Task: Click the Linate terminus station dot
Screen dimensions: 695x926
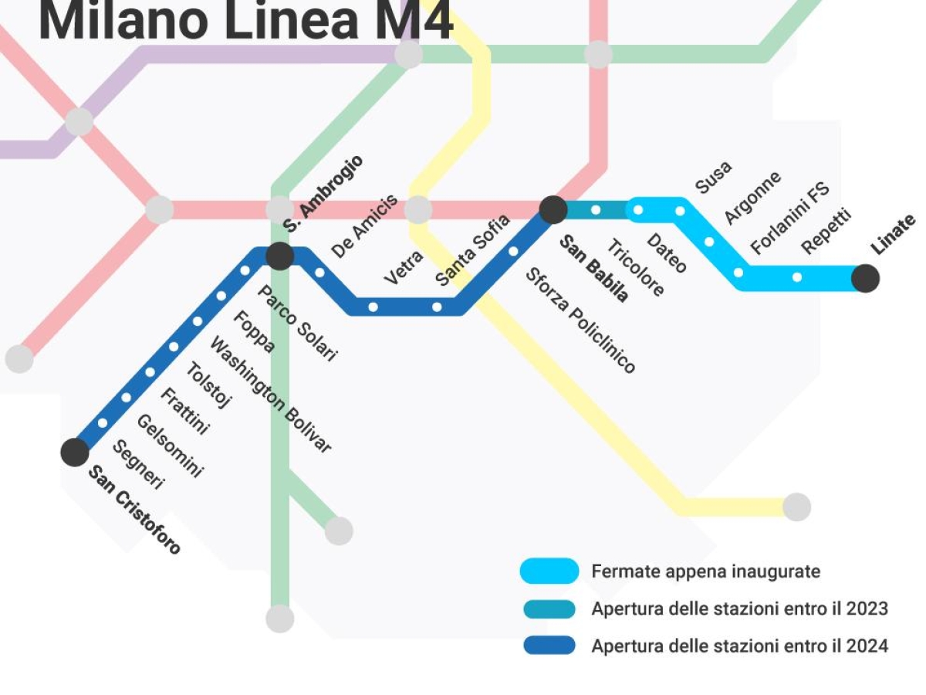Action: (x=865, y=278)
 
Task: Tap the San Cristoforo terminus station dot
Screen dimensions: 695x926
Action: (x=75, y=452)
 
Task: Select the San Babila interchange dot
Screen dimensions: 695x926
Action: (x=553, y=209)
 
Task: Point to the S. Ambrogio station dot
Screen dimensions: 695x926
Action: (x=279, y=256)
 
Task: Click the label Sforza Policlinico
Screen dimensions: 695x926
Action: (x=580, y=320)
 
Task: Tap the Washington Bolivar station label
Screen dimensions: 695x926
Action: (x=270, y=395)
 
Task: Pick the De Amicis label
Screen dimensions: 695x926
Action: (x=364, y=226)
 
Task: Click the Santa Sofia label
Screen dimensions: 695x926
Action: (x=472, y=250)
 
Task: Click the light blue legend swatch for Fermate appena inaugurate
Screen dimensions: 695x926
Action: (x=549, y=571)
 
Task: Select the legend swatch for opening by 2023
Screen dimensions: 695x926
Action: (x=549, y=609)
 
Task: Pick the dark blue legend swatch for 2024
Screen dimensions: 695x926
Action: (x=549, y=646)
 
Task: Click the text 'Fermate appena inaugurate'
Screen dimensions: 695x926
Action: (x=705, y=571)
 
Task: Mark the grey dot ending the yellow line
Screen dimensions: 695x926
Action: (x=796, y=507)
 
